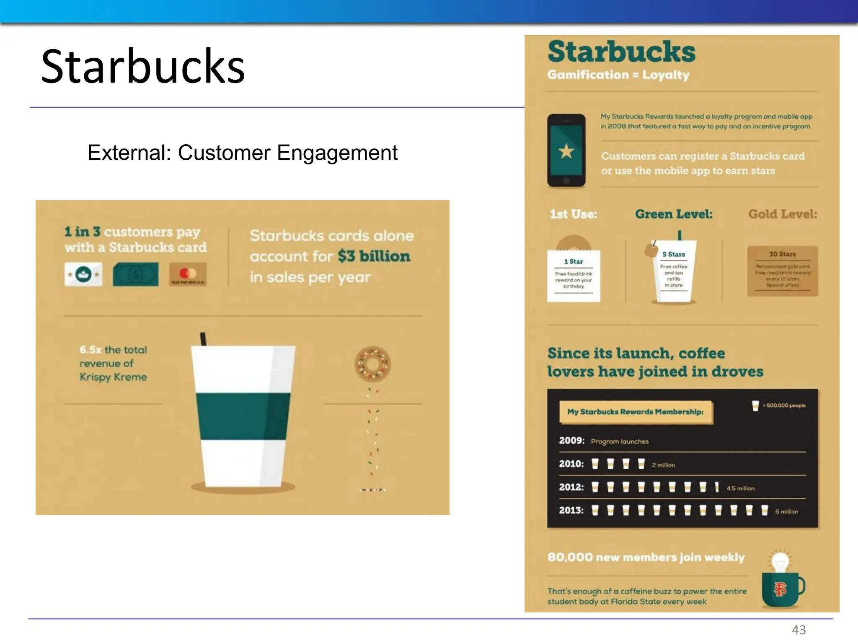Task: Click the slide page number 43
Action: click(x=799, y=630)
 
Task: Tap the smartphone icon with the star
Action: click(x=566, y=151)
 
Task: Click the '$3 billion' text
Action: click(x=374, y=256)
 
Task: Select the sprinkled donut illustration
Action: click(x=372, y=364)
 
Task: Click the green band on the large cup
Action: click(x=243, y=416)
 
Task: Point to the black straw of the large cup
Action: click(x=203, y=339)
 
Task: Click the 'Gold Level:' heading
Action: click(x=782, y=214)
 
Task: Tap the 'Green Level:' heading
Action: click(x=673, y=214)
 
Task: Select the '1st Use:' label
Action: click(x=573, y=214)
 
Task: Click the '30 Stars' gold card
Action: click(x=782, y=271)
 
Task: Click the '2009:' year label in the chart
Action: click(x=571, y=441)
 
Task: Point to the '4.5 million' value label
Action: click(x=740, y=488)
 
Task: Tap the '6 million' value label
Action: click(x=786, y=512)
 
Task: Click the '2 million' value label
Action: click(x=663, y=465)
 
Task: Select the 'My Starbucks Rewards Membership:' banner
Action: click(x=635, y=412)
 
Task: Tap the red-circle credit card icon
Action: click(x=187, y=275)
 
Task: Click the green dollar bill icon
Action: click(x=135, y=275)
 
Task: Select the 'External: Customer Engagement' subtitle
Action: click(x=242, y=153)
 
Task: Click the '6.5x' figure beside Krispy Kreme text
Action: click(x=90, y=350)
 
